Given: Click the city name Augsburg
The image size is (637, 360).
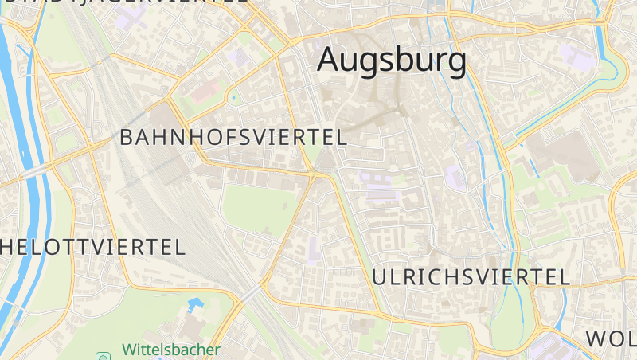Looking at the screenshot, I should coord(392,61).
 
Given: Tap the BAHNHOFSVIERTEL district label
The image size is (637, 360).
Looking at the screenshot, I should coord(233,137).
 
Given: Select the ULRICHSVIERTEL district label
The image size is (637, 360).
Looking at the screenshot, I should coord(471,277).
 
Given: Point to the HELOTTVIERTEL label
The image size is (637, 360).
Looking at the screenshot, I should coord(92,246).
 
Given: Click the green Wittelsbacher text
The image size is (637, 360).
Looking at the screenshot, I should coord(170,349).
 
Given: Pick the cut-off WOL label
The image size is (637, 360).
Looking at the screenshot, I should coord(612,338).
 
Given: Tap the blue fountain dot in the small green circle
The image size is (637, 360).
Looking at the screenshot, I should coord(233,99).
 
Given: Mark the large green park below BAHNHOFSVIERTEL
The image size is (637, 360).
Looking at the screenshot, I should coord(255,209).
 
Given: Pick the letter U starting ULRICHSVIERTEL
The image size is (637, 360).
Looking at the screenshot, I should coord(381,277).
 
